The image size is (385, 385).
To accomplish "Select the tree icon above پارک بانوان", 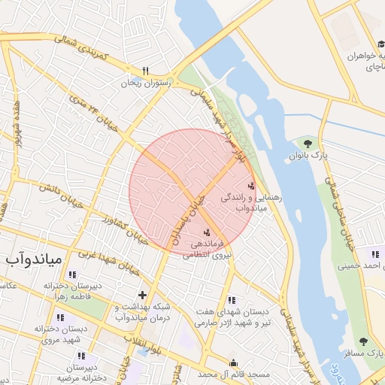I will tap(307, 142).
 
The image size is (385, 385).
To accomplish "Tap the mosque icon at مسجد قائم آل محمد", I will tap(233, 362).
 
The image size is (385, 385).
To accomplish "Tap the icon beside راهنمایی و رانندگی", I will tap(251, 186).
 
